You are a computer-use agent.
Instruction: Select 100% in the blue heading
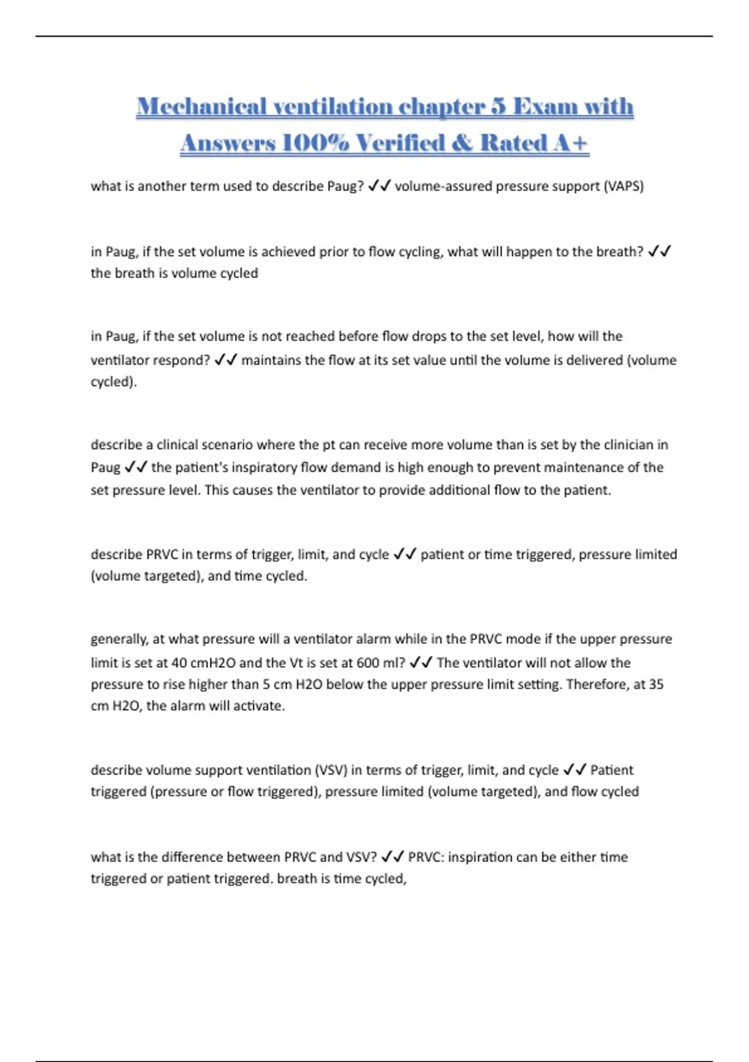315,143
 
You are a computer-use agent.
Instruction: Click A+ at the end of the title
570,143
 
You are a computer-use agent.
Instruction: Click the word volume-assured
443,186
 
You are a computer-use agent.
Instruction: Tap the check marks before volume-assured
379,186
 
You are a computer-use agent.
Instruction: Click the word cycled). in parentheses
114,382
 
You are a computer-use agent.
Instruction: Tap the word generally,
120,639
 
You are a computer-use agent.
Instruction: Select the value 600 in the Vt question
368,663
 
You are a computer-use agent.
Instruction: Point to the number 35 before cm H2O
656,684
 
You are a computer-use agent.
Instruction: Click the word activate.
258,706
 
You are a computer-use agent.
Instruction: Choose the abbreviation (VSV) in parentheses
331,770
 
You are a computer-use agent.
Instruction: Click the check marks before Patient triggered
574,770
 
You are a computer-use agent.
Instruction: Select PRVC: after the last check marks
426,857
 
